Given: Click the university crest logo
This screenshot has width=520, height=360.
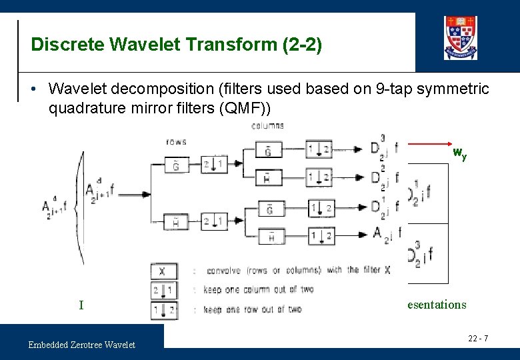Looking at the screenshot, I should [461, 38].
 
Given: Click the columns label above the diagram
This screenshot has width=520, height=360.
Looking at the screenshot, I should [267, 125].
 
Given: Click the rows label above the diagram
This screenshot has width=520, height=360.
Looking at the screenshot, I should [176, 141].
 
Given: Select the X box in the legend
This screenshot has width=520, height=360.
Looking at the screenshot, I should [163, 271].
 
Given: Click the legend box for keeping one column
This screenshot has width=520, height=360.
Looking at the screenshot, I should [163, 290].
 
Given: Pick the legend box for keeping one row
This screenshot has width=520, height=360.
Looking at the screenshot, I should [163, 309].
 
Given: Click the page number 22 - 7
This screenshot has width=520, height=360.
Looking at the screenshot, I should [477, 339].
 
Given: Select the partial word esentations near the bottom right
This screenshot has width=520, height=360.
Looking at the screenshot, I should [437, 305].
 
